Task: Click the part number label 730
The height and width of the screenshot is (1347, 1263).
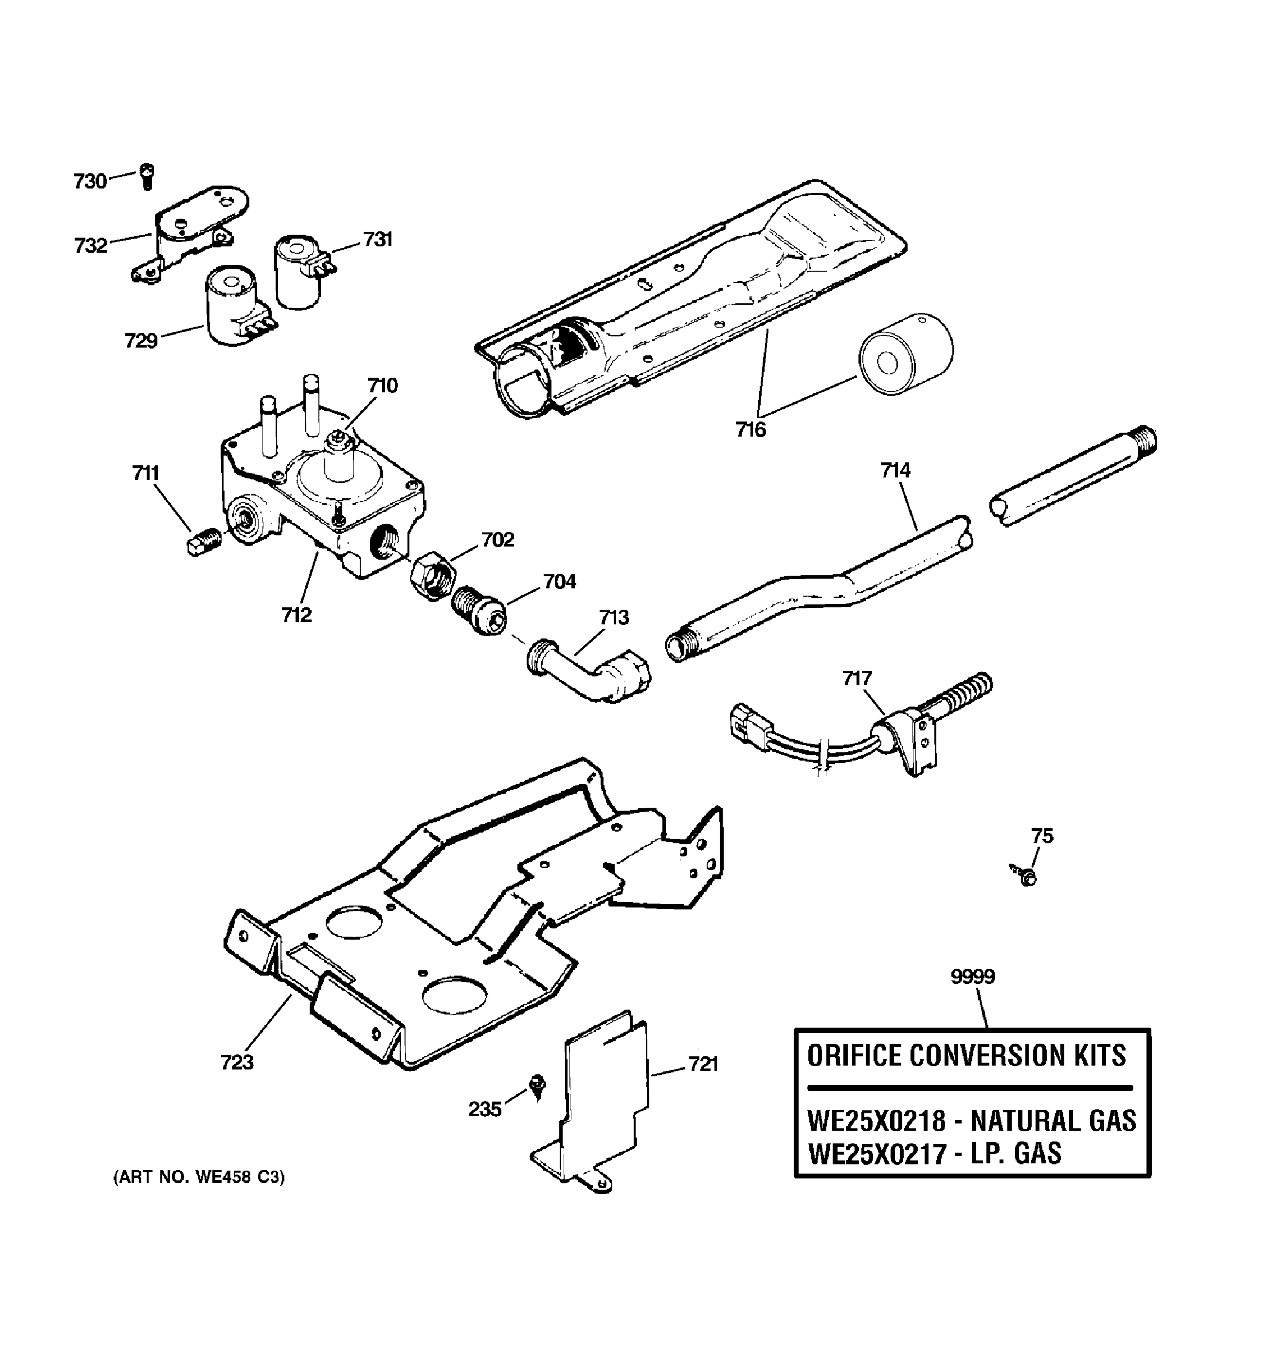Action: click(x=90, y=182)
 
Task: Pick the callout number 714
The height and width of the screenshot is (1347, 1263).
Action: click(x=895, y=470)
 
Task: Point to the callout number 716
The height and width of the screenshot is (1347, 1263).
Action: click(x=750, y=429)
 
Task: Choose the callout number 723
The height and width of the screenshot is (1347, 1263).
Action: click(x=237, y=1062)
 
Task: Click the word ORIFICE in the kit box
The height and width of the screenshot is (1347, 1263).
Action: click(x=854, y=1056)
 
